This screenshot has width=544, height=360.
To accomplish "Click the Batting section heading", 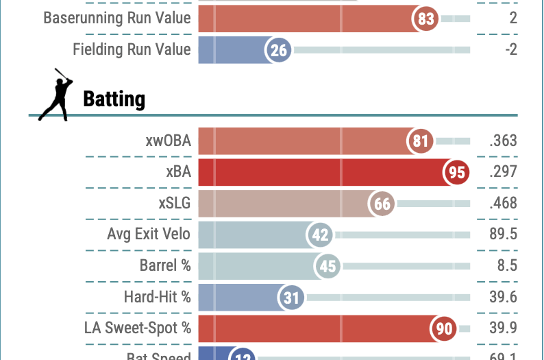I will pos(114,99).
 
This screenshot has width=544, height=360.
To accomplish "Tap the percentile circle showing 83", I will pos(426,19).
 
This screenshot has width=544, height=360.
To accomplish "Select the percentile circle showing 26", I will pos(280,49).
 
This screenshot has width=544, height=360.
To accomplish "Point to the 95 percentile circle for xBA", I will pos(456,172).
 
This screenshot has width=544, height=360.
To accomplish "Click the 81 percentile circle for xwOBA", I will pos(420,141).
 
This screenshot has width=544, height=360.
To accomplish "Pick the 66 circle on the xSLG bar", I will pos(382,204).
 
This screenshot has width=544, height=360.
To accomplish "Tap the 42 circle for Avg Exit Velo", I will pos(320,235).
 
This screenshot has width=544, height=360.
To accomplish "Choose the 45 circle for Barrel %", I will pos(328,266).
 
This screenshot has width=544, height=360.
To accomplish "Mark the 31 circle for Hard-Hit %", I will pos(290,298).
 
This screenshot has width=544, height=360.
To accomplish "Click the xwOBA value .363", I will pos(503,141).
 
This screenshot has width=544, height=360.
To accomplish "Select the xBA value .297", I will pos(503,172).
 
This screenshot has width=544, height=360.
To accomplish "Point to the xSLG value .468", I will pos(503,204).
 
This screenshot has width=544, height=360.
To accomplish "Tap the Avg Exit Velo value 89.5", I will pos(503,235).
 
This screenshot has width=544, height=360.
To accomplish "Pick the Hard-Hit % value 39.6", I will pos(503,297).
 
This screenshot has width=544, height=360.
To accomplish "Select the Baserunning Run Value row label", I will pos(117,19).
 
